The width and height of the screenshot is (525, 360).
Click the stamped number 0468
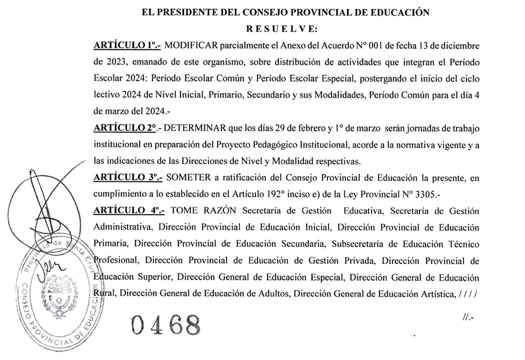coord(165,325)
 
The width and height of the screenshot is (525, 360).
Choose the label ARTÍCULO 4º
coord(129,211)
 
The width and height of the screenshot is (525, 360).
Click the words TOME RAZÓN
coord(203,211)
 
